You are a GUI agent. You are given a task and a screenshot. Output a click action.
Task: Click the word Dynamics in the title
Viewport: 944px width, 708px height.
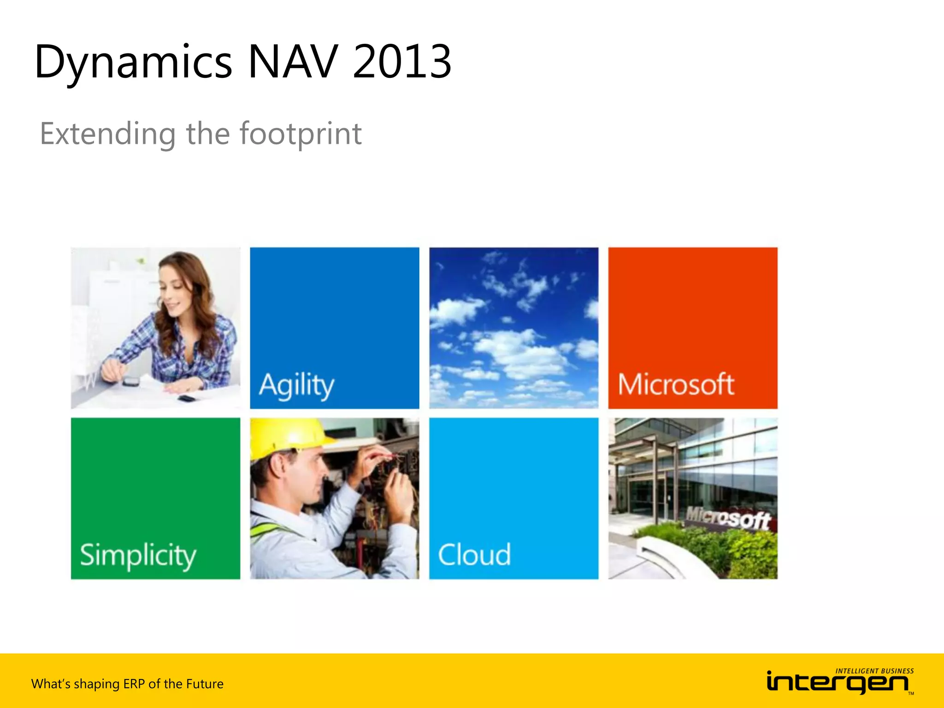pos(133,62)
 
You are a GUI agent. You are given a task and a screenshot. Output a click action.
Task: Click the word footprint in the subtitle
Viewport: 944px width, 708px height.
pos(300,134)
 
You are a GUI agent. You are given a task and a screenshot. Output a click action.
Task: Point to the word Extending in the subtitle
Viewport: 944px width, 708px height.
pos(108,134)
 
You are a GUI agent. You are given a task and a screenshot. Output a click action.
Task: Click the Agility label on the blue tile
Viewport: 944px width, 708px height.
pos(296,385)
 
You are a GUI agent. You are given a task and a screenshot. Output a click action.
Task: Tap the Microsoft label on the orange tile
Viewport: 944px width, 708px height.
pos(676,384)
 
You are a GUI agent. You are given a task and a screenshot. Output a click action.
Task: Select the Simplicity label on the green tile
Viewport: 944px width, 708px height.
pos(138,555)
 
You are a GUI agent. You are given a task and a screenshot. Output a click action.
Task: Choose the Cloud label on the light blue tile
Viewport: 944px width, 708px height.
pos(474,554)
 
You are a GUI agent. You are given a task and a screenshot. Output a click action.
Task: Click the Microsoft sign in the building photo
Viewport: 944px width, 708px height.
pos(728,518)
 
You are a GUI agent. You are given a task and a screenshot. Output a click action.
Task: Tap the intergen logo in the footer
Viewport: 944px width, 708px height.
pos(837,683)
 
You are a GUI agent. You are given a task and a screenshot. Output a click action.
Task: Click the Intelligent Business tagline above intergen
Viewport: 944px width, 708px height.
pos(874,671)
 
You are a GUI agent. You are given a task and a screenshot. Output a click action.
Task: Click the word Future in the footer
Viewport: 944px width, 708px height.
pos(205,684)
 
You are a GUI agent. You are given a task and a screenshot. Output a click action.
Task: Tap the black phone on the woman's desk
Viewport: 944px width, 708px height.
pos(187,398)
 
